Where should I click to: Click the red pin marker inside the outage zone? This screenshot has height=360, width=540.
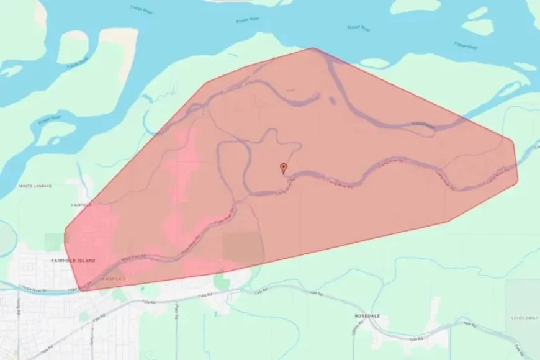click(284, 168)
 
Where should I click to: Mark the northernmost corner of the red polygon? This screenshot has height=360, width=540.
click(313, 48)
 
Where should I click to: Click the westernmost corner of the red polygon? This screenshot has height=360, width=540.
click(65, 236)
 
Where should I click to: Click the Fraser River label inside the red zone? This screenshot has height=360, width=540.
click(424, 124)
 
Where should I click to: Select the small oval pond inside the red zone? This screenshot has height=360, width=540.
click(331, 99)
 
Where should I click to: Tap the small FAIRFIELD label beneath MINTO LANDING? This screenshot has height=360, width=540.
click(81, 204)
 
